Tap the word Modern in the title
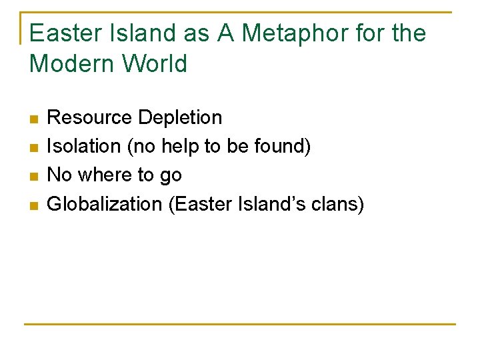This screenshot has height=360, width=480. (69, 64)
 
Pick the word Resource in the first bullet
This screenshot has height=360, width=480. (89, 118)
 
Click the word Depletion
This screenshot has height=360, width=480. (180, 118)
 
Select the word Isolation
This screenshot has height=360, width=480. (85, 147)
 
